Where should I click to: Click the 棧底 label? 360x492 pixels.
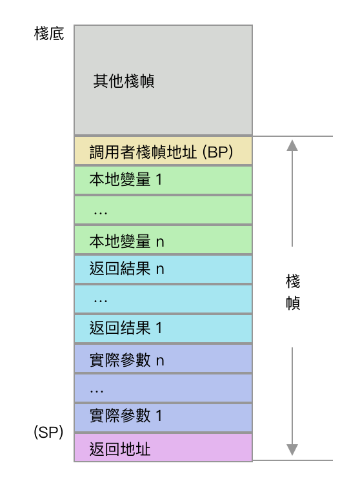(x=49, y=34)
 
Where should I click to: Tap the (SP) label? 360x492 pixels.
(x=48, y=432)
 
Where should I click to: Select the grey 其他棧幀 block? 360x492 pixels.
(x=163, y=80)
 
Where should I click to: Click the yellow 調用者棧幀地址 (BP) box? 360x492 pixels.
(x=163, y=150)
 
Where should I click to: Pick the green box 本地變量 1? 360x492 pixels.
(x=163, y=180)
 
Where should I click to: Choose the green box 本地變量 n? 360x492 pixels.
(x=163, y=240)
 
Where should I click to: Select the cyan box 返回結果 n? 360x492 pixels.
(x=163, y=269)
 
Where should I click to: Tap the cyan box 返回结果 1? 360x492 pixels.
(x=163, y=329)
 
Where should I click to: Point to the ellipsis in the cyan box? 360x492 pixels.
(x=101, y=302)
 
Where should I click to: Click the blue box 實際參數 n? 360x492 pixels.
(x=163, y=358)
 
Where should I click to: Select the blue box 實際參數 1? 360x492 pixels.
(x=163, y=418)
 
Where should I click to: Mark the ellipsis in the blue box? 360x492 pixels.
(x=97, y=391)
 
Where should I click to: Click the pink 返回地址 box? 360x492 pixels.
(x=163, y=447)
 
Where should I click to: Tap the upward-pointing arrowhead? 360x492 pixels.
(x=292, y=145)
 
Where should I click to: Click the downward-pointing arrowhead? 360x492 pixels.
(x=292, y=450)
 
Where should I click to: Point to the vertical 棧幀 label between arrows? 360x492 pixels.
(x=292, y=292)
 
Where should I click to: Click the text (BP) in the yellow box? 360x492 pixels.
(x=217, y=152)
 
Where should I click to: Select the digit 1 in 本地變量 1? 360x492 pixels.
(x=159, y=179)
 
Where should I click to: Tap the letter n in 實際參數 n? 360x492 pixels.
(x=160, y=362)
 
